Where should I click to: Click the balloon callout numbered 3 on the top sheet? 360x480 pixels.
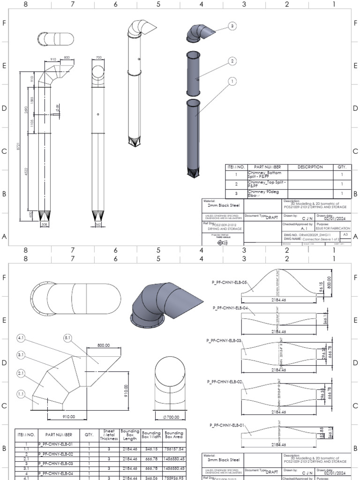point(232,27)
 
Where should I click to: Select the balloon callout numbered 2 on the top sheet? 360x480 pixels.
point(232,61)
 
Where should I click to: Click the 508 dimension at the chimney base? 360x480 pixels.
point(45,225)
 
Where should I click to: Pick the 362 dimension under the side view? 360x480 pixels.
point(98,225)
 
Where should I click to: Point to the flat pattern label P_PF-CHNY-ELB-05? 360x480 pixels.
point(229,282)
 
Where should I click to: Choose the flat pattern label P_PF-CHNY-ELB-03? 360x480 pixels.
point(224,340)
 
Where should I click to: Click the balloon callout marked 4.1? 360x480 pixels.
point(21,337)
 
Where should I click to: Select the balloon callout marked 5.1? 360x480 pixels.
point(67,337)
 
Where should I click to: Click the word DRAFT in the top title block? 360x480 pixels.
point(272,217)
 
